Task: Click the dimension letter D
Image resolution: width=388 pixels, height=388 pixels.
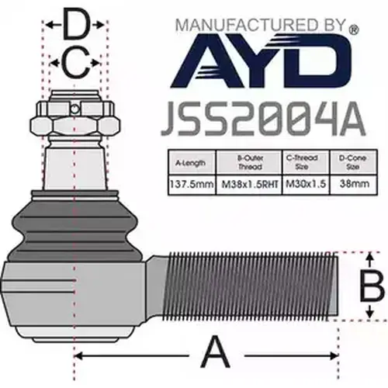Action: (x=76, y=24)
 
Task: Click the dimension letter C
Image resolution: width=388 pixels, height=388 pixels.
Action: (x=75, y=63)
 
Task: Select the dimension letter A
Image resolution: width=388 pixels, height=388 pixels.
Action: (x=216, y=352)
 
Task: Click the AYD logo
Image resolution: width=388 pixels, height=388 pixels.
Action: (x=261, y=61)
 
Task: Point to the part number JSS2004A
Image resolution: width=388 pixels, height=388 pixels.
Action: (x=263, y=119)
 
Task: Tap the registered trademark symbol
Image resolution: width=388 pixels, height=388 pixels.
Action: (x=354, y=30)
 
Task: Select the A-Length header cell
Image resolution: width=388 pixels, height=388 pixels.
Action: (x=192, y=162)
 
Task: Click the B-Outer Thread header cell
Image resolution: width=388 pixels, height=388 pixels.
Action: (x=249, y=162)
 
